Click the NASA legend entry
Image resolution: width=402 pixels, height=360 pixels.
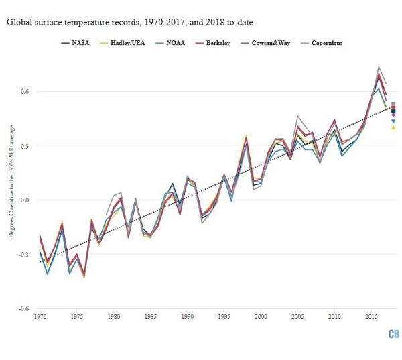pyautogui.click(x=74, y=43)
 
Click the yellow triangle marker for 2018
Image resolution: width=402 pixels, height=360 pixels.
pyautogui.click(x=393, y=127)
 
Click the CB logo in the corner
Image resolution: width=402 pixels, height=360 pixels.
pyautogui.click(x=392, y=334)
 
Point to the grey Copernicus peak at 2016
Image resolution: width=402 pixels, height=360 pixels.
pyautogui.click(x=379, y=67)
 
